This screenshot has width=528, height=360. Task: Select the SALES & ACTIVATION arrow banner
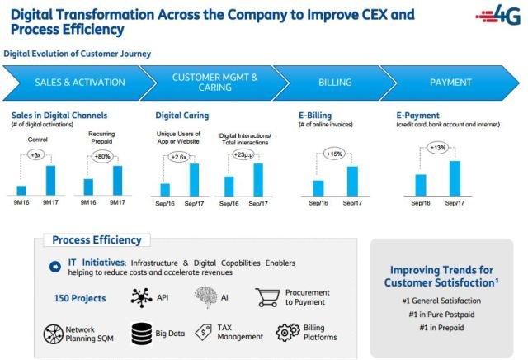[79, 83]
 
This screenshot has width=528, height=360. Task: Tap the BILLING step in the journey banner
[335, 83]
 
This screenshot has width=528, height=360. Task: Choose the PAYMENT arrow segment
[450, 83]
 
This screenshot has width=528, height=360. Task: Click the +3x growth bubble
[35, 154]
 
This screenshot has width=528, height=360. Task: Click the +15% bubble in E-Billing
[335, 154]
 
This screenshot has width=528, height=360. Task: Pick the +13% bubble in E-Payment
[437, 149]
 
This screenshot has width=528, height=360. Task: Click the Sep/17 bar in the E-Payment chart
[454, 178]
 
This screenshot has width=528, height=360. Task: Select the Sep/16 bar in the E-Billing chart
[318, 188]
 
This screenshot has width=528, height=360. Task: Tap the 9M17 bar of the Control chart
[51, 180]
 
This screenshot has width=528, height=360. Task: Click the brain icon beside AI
[205, 296]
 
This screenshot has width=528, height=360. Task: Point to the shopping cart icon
[269, 296]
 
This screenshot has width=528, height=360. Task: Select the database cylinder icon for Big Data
[140, 334]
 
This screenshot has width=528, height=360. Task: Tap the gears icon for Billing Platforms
[287, 333]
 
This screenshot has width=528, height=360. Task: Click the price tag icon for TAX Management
[204, 333]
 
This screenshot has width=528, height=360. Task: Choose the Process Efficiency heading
[97, 240]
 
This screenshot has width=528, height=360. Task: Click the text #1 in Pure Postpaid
[441, 315]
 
